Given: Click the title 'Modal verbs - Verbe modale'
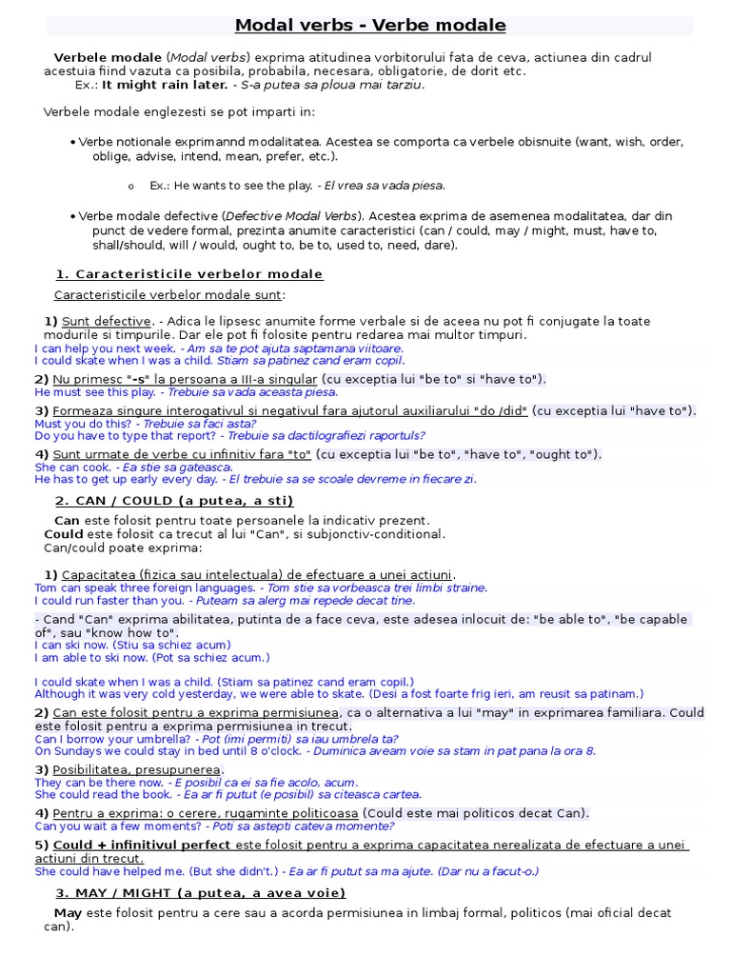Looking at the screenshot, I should [370, 26].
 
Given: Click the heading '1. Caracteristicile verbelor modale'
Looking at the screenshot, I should [188, 274].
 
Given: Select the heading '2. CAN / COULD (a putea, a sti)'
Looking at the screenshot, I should [173, 501].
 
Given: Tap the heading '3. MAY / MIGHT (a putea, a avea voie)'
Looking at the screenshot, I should [200, 893].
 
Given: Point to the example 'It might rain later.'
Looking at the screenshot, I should [165, 85].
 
